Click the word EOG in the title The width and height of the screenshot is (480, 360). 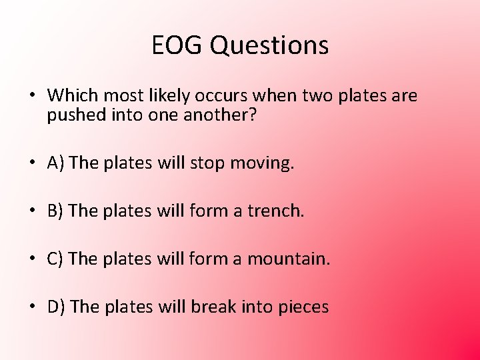pos(175,45)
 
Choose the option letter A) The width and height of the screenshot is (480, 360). pos(56,163)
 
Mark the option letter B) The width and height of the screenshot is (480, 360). pos(56,211)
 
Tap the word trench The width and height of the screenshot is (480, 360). pos(275,211)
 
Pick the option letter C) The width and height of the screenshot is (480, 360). pos(56,259)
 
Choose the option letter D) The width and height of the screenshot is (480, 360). pos(57,307)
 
